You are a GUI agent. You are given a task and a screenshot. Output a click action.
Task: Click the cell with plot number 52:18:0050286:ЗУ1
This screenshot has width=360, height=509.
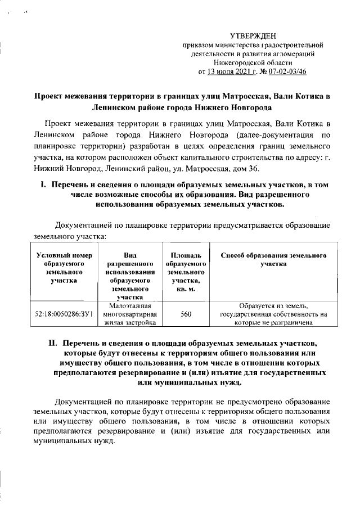tap(64, 315)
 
